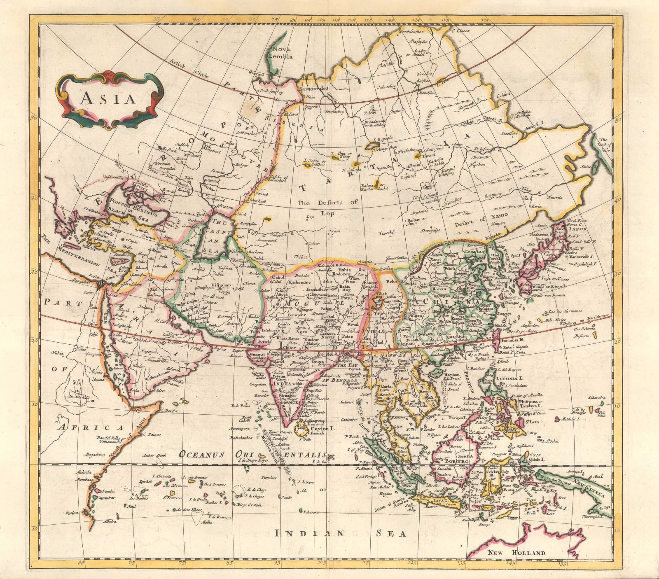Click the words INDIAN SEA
(x=340, y=534)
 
